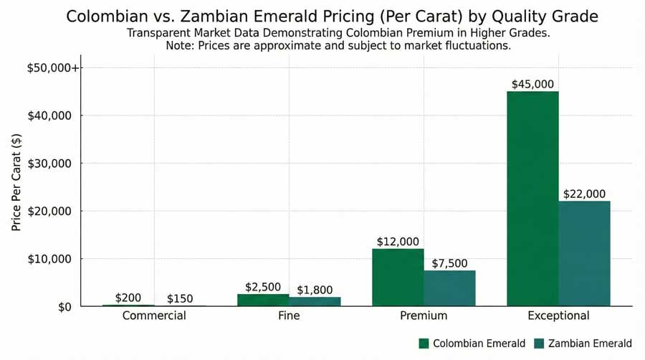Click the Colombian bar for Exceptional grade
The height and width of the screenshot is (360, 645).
tap(532, 199)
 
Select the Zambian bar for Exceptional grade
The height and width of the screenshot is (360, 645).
tap(585, 253)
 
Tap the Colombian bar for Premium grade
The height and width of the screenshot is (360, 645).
tap(398, 278)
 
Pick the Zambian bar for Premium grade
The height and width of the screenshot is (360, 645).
tap(450, 288)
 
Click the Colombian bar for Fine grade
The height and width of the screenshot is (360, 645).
tap(263, 300)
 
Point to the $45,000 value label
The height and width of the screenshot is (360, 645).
tap(532, 84)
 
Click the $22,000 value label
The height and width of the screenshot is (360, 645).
tap(585, 194)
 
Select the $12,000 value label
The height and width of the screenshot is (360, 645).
tap(398, 242)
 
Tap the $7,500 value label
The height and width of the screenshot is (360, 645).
tap(450, 263)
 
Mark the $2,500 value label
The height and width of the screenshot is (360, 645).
tap(263, 287)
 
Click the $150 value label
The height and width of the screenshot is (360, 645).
tap(180, 298)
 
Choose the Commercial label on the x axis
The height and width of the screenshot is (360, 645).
tap(154, 316)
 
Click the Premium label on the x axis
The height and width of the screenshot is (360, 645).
tap(424, 316)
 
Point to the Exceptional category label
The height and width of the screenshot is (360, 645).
tap(558, 316)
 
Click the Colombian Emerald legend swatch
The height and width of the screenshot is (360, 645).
tap(423, 344)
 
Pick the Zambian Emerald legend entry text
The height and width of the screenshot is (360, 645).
tap(590, 344)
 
